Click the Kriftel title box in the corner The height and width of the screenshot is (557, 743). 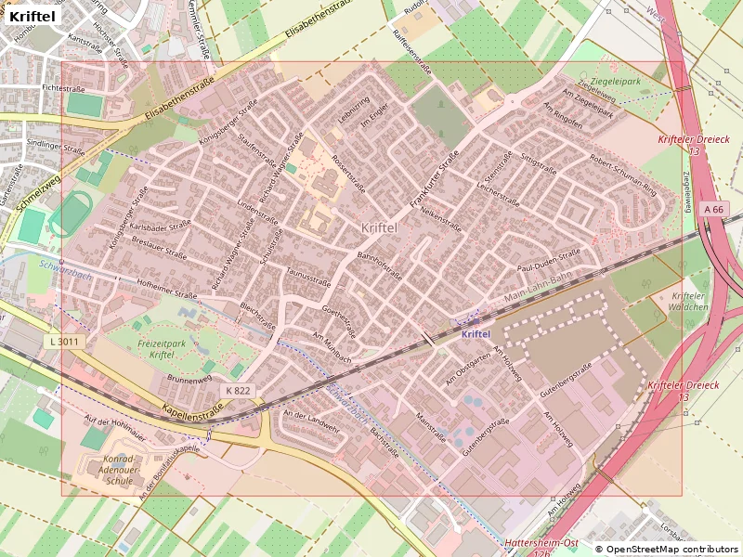[x=33, y=16]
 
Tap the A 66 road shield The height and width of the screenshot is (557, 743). [x=713, y=210]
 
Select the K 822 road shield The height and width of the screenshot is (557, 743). [x=238, y=391]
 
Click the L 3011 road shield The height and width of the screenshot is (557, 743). [x=64, y=342]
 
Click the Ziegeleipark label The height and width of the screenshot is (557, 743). [x=616, y=82]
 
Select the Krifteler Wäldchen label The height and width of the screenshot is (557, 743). [x=689, y=302]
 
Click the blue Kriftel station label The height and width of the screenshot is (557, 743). [x=476, y=334]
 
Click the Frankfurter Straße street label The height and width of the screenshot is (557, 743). [x=435, y=178]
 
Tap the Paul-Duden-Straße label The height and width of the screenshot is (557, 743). [x=548, y=259]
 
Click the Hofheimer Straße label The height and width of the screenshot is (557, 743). [x=167, y=289]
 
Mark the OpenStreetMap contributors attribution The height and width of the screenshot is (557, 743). [x=667, y=549]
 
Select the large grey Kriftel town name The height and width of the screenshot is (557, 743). [x=378, y=227]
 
